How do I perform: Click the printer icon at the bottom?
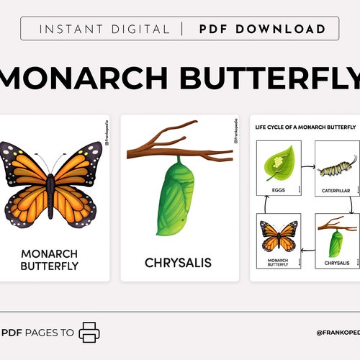[x=90, y=332]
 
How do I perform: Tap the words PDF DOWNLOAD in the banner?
[x=261, y=30]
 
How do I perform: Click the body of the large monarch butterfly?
[x=50, y=187]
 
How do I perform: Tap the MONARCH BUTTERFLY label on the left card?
[x=50, y=259]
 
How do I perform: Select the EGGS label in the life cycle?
[x=279, y=191]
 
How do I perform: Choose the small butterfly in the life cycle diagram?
[x=278, y=238]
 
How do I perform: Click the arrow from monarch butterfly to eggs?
[x=265, y=207]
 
